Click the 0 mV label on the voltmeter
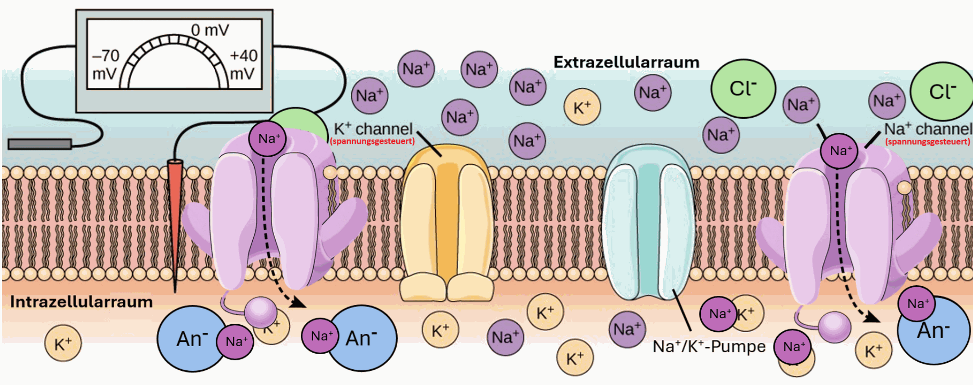tap(210, 30)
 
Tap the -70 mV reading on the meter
tap(105, 65)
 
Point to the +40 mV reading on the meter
tap(243, 65)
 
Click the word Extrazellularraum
tap(626, 62)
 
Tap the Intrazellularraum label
tap(81, 302)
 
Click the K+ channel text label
tap(373, 129)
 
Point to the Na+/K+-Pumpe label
tap(709, 347)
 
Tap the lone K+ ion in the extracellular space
tap(582, 107)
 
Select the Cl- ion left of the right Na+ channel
tap(743, 88)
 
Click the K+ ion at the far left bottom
tap(63, 344)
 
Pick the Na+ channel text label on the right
tap(927, 129)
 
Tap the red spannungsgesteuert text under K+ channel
tap(372, 141)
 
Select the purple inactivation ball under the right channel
tap(834, 327)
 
